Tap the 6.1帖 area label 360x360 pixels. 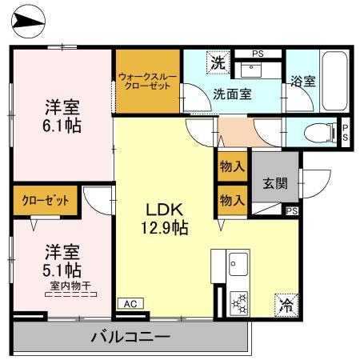pos(60,126)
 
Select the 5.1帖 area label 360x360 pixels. pos(60,270)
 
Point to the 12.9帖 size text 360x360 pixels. pos(166,229)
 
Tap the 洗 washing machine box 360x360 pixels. pos(217,62)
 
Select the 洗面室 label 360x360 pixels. pos(232,93)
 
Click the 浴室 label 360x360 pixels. pos(302,82)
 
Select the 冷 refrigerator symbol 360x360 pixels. pos(286,304)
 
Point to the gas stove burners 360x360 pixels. pos(238,303)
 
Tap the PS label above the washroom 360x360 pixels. pos(257,54)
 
